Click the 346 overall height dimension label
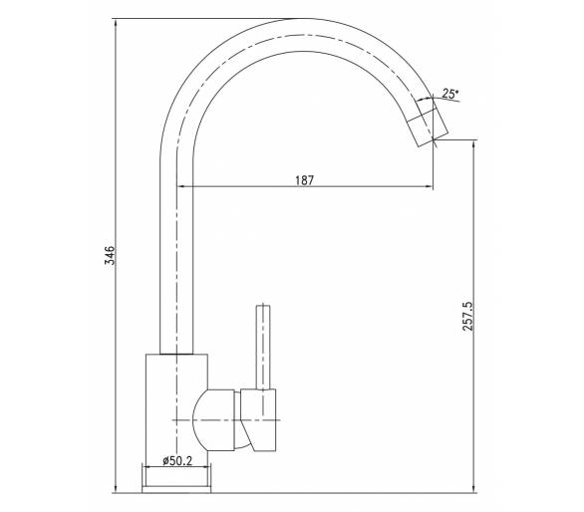point(110,255)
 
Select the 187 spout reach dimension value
point(305,180)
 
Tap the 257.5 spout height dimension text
point(467,317)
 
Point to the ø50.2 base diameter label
point(177,461)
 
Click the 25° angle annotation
point(450,94)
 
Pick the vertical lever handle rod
point(263,347)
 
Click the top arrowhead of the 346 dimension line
point(117,21)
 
